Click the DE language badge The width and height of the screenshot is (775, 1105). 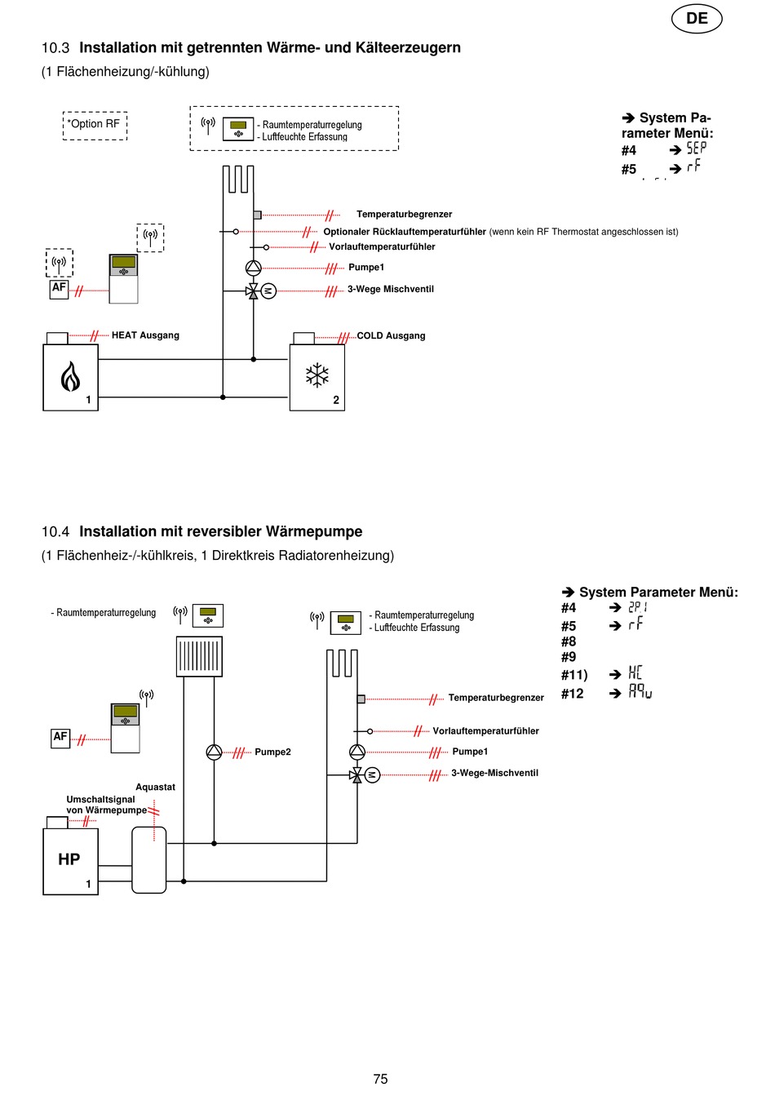pyautogui.click(x=696, y=19)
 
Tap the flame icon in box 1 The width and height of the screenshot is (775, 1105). pyautogui.click(x=70, y=376)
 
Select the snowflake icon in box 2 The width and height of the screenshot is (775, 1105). pyautogui.click(x=317, y=375)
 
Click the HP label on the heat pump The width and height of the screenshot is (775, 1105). pyautogui.click(x=69, y=859)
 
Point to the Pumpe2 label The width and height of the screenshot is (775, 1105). pyautogui.click(x=272, y=752)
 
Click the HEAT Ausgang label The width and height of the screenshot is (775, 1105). pyautogui.click(x=145, y=335)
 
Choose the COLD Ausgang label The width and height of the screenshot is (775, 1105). pyautogui.click(x=391, y=335)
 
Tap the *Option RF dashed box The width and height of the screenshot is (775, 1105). pyautogui.click(x=95, y=126)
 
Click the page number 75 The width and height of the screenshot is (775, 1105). pyautogui.click(x=380, y=1079)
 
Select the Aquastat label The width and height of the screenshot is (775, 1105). pyautogui.click(x=155, y=787)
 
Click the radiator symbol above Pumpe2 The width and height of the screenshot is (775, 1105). pyautogui.click(x=199, y=657)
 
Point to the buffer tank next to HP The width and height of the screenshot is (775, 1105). pyautogui.click(x=149, y=860)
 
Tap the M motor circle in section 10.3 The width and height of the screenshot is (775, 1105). pyautogui.click(x=268, y=291)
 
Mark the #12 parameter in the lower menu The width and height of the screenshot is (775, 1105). pyautogui.click(x=572, y=694)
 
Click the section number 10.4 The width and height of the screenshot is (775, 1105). pyautogui.click(x=55, y=531)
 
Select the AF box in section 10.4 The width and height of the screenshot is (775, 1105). pyautogui.click(x=60, y=739)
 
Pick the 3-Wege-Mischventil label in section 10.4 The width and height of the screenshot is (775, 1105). pyautogui.click(x=494, y=773)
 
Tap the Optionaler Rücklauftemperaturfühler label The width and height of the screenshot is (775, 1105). pyautogui.click(x=405, y=232)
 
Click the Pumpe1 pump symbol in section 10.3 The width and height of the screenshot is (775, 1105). pyautogui.click(x=254, y=268)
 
